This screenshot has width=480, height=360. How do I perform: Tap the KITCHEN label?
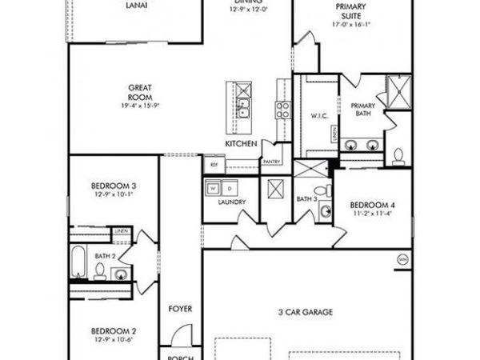[241, 143]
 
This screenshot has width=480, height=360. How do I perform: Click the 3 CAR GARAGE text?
[306, 312]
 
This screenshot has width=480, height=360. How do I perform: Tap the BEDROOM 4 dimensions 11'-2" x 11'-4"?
[373, 214]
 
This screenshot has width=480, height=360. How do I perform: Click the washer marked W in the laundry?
[213, 189]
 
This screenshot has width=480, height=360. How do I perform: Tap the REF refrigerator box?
[214, 165]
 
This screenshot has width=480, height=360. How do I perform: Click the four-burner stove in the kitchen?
[282, 110]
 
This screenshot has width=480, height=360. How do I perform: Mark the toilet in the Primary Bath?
[399, 154]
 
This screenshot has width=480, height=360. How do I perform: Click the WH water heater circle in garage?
[403, 259]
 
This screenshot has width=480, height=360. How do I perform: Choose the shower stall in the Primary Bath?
[398, 90]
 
